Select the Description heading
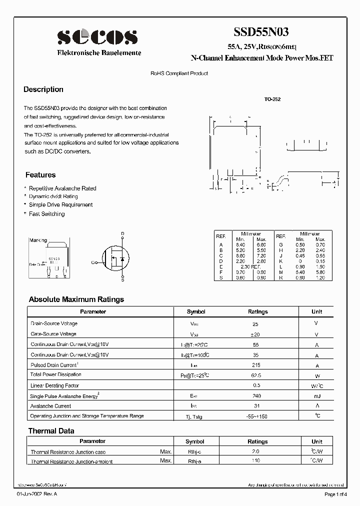43,89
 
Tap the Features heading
40,175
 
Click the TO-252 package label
272,99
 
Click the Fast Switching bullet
46,214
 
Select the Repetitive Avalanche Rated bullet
62,188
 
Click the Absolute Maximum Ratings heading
76,299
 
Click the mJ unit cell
316,396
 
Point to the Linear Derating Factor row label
55,385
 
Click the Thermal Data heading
51,431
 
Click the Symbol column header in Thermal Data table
195,441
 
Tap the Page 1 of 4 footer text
336,494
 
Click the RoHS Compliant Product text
179,73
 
